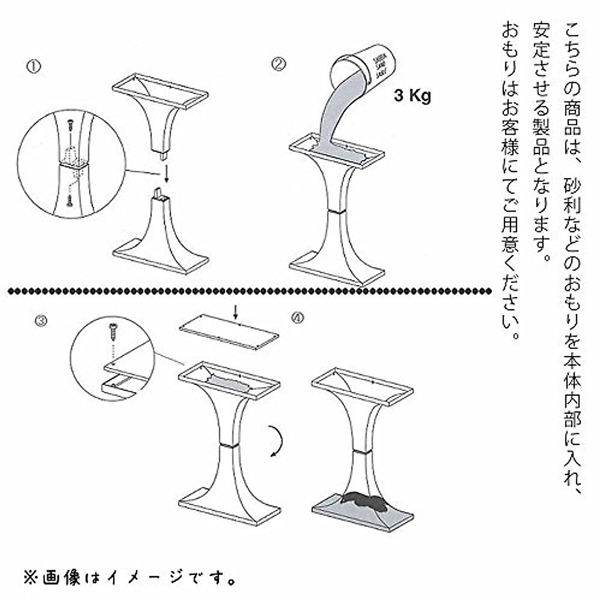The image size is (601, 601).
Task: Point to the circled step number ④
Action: click(x=297, y=318)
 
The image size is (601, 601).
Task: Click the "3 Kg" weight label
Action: click(x=412, y=96)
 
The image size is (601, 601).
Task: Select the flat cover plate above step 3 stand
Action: click(x=229, y=329)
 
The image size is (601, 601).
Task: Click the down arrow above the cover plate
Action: click(x=237, y=312)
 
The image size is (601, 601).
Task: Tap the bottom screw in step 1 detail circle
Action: click(x=69, y=199)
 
